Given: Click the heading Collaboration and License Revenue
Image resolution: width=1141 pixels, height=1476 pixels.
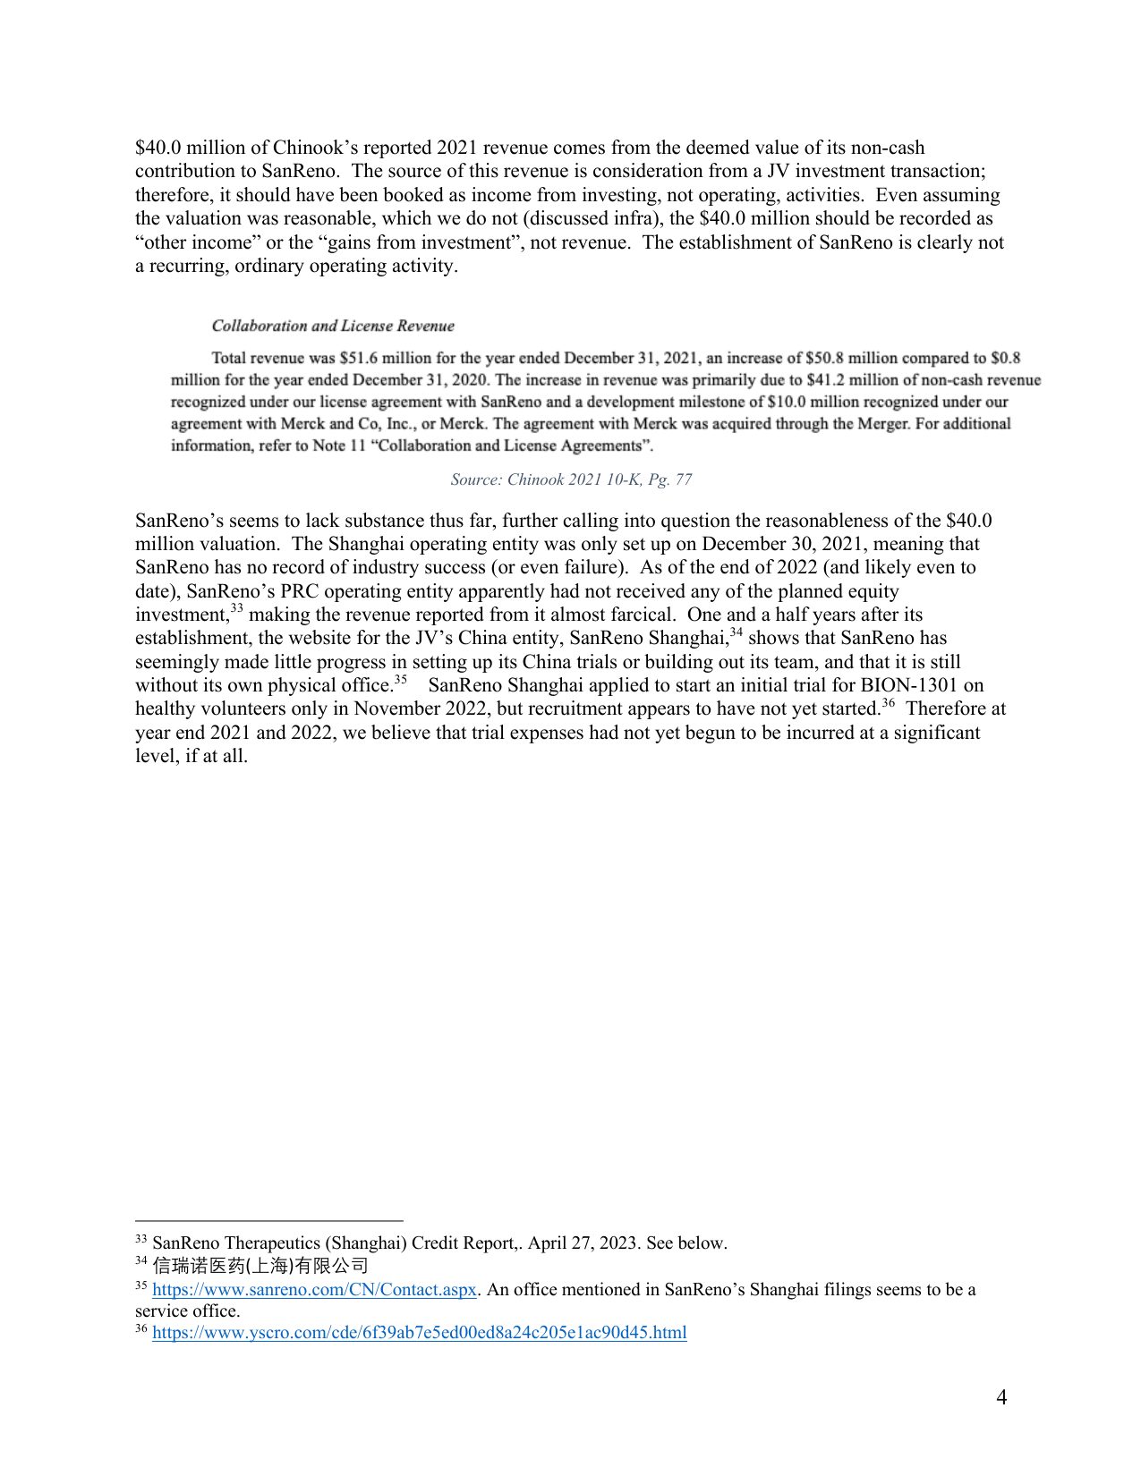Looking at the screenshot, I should tap(333, 327).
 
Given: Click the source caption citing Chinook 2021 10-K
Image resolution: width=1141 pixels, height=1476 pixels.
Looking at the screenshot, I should tap(571, 480).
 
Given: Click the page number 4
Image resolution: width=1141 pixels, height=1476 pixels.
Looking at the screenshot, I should tap(1001, 1397).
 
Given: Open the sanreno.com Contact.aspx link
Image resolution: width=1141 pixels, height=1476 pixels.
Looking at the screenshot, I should tap(314, 1290).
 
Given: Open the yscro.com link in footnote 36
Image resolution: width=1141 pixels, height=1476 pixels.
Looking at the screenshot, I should tap(420, 1333).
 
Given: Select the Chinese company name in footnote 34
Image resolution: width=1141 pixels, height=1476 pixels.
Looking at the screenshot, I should tap(260, 1266).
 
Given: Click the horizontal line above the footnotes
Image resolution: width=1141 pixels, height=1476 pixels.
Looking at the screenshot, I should tap(268, 1220).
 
